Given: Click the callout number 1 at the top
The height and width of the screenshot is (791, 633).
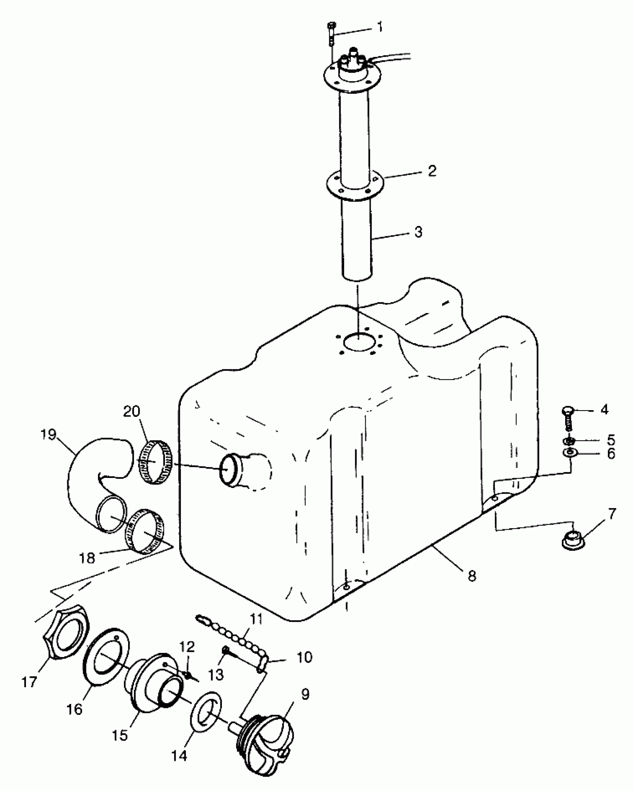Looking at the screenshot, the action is coord(380,28).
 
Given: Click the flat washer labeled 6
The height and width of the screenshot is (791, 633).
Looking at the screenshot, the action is coord(570,453).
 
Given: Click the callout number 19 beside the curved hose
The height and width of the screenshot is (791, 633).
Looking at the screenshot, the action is coord(49,435).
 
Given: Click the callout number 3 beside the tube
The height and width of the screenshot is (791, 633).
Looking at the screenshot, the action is coord(418,232).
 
